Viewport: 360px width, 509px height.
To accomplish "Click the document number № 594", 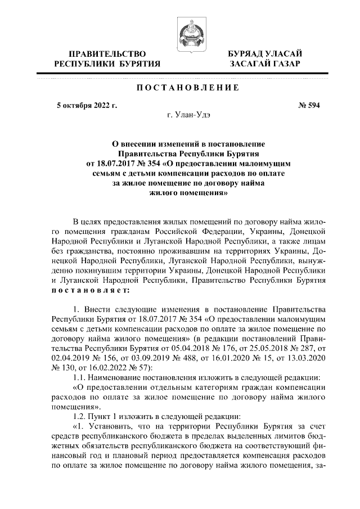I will (x=308, y=105).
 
